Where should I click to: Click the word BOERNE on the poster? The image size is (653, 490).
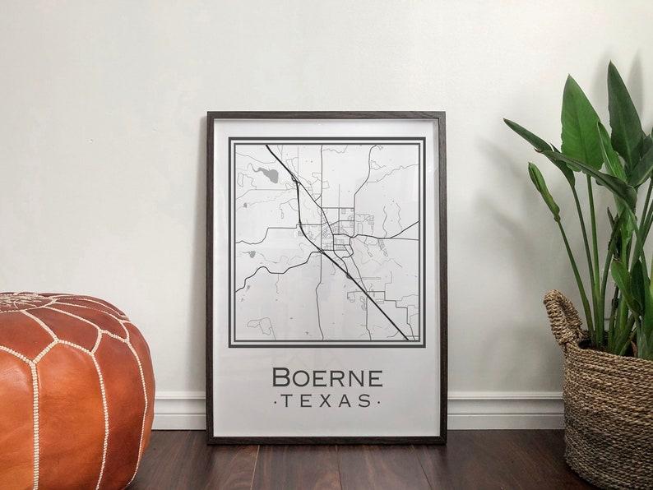click(326, 378)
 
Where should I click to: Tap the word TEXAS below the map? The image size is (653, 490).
click(326, 401)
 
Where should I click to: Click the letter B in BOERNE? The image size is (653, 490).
click(281, 378)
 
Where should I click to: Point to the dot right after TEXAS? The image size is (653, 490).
click(378, 401)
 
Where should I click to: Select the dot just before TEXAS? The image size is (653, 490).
click(275, 401)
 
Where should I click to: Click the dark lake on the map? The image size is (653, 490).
click(267, 173)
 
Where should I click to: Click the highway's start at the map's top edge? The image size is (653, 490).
click(266, 146)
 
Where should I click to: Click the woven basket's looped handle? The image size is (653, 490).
click(562, 317)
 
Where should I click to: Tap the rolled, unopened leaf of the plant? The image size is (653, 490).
click(542, 189)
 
